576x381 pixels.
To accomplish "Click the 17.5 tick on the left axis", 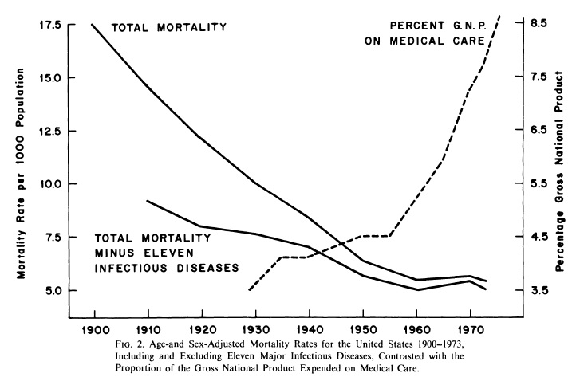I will (x=53, y=25).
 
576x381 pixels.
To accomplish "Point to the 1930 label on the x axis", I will (x=255, y=328).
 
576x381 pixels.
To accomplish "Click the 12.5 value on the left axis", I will (x=53, y=131).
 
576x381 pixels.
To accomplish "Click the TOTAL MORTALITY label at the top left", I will (x=168, y=27).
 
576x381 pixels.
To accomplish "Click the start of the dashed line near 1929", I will (x=249, y=289).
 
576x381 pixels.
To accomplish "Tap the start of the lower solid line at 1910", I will (x=148, y=201).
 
